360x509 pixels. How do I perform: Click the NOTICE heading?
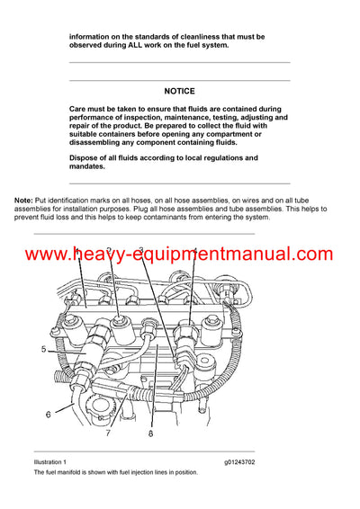[x=179, y=91]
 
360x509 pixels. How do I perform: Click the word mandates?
[x=88, y=166]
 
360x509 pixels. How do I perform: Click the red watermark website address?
[x=179, y=254]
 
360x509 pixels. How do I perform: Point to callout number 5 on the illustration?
[x=41, y=348]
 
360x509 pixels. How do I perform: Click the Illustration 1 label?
[x=52, y=461]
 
